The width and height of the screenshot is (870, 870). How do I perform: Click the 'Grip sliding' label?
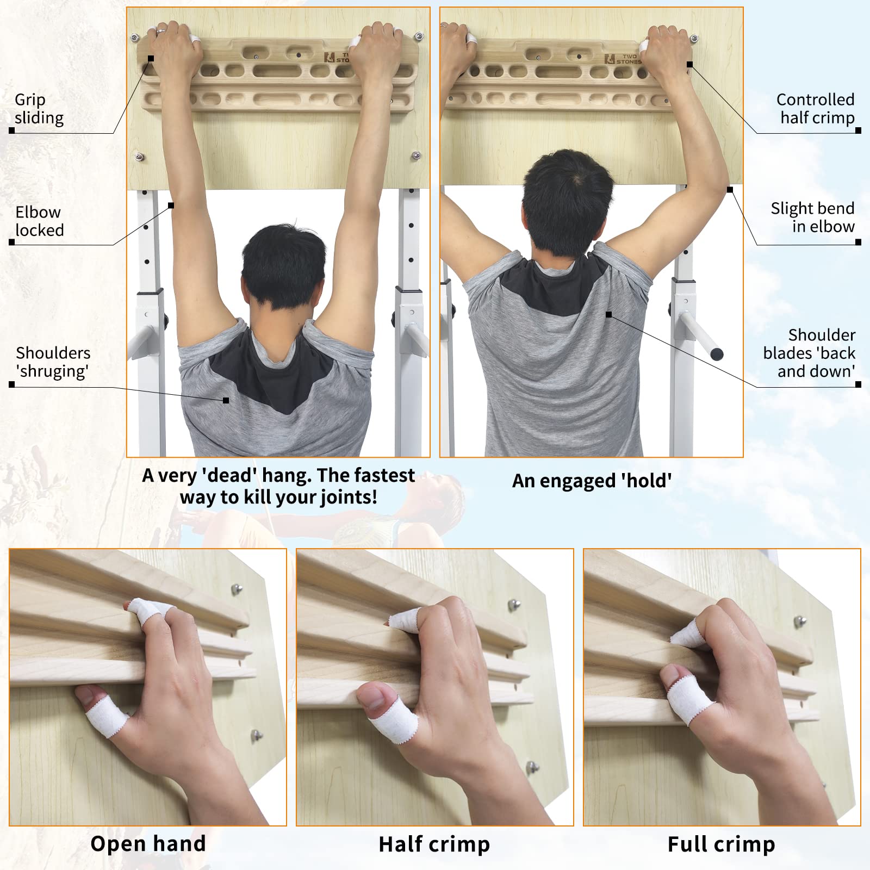[x=39, y=109]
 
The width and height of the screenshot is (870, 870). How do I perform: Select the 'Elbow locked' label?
[x=39, y=221]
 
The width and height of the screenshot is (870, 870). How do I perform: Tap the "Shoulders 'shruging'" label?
[x=53, y=362]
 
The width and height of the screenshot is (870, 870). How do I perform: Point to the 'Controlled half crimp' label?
[x=815, y=109]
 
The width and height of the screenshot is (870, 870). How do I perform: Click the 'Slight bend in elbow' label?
[x=812, y=217]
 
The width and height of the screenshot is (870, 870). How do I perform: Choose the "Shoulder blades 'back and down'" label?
[x=809, y=353]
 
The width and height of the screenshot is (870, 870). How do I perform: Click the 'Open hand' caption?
[x=148, y=844]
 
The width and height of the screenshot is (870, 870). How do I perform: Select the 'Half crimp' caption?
[x=434, y=844]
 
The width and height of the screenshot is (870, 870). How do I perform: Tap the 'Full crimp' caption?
[x=721, y=844]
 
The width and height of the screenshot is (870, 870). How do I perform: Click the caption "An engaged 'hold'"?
[x=592, y=481]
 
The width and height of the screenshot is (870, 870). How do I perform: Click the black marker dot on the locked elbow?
[x=171, y=206]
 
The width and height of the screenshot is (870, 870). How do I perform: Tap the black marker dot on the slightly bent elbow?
[x=730, y=190]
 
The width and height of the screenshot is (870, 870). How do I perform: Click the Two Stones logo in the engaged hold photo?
[x=623, y=59]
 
